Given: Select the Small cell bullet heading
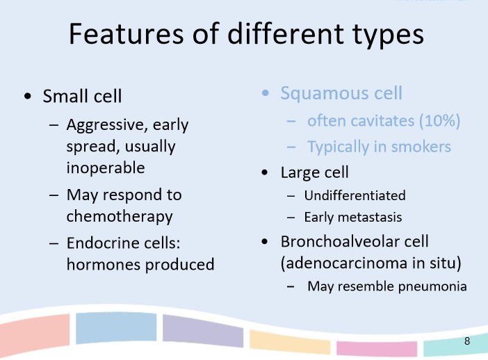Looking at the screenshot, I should click(x=83, y=97).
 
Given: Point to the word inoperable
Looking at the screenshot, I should click(x=105, y=168).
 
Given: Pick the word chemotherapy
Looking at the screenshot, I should click(x=119, y=216).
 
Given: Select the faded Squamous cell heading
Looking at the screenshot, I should click(x=341, y=93).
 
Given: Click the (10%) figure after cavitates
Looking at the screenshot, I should click(x=439, y=120).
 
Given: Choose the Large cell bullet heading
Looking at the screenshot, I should click(x=314, y=172).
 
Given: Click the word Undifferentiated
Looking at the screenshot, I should click(x=355, y=195).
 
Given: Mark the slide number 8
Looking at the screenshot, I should click(x=467, y=341).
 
